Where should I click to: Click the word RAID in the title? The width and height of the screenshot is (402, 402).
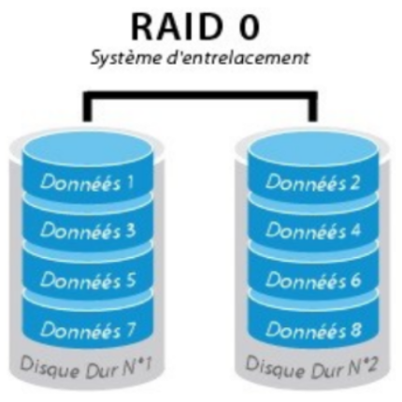[176, 27]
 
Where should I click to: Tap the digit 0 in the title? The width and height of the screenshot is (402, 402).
[249, 27]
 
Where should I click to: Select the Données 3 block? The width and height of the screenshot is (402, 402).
[88, 230]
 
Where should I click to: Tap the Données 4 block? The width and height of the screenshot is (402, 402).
[314, 230]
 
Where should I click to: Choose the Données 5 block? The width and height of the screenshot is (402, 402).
[88, 280]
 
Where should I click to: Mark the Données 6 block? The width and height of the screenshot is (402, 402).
[314, 280]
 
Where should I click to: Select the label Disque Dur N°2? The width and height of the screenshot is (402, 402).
[311, 367]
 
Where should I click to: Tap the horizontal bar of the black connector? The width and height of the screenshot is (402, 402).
[200, 94]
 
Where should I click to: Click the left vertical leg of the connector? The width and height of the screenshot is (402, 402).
[87, 106]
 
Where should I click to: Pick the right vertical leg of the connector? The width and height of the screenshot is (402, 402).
[313, 106]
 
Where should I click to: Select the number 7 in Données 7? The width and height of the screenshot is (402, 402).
[130, 329]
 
